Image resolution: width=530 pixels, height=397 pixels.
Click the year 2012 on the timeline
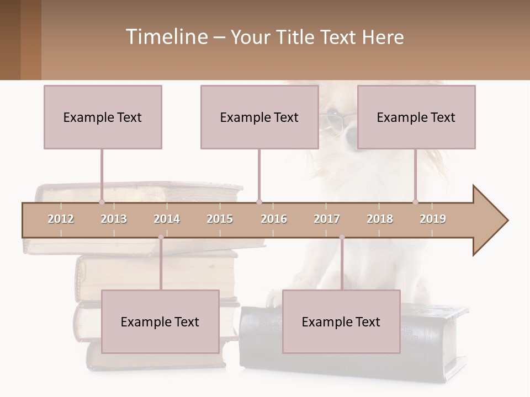61,219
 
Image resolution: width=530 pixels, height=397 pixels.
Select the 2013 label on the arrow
114,219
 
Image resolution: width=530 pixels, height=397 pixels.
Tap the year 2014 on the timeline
167,219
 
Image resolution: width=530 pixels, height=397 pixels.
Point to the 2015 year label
220,219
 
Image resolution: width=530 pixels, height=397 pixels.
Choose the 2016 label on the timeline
274,219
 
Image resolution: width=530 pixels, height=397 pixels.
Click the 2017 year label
327,219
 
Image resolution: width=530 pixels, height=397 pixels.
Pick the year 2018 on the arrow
380,219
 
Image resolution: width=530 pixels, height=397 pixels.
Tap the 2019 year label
433,219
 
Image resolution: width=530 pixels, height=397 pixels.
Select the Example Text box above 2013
103,117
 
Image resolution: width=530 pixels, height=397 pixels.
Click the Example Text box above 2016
259,117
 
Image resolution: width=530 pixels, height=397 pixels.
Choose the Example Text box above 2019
416,117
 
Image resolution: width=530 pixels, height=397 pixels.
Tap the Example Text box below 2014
160,322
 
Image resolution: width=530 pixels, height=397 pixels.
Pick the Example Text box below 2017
341,322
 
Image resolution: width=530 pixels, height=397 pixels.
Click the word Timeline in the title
165,37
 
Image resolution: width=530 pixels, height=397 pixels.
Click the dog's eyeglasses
333,120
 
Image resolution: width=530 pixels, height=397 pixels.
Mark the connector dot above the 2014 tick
161,237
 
